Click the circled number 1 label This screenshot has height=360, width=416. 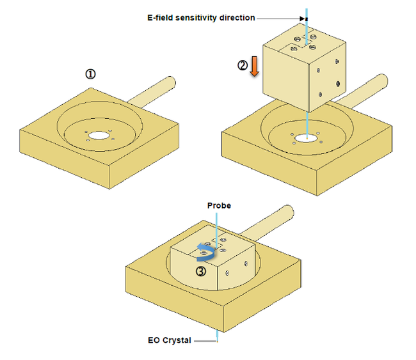(x=91, y=74)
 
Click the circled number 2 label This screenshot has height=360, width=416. (x=243, y=65)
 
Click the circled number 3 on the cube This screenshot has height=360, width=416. (x=201, y=270)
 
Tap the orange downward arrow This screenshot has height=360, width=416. (x=254, y=67)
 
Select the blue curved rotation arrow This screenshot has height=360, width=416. (x=205, y=252)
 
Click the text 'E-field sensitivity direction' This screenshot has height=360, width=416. (x=200, y=18)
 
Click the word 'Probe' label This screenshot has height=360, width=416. (x=218, y=205)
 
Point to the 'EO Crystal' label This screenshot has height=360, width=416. (x=169, y=340)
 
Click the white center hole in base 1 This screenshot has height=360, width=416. (x=99, y=136)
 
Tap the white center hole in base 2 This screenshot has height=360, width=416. (x=307, y=136)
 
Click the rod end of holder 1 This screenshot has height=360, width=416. (x=170, y=82)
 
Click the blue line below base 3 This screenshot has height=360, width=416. (x=218, y=336)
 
